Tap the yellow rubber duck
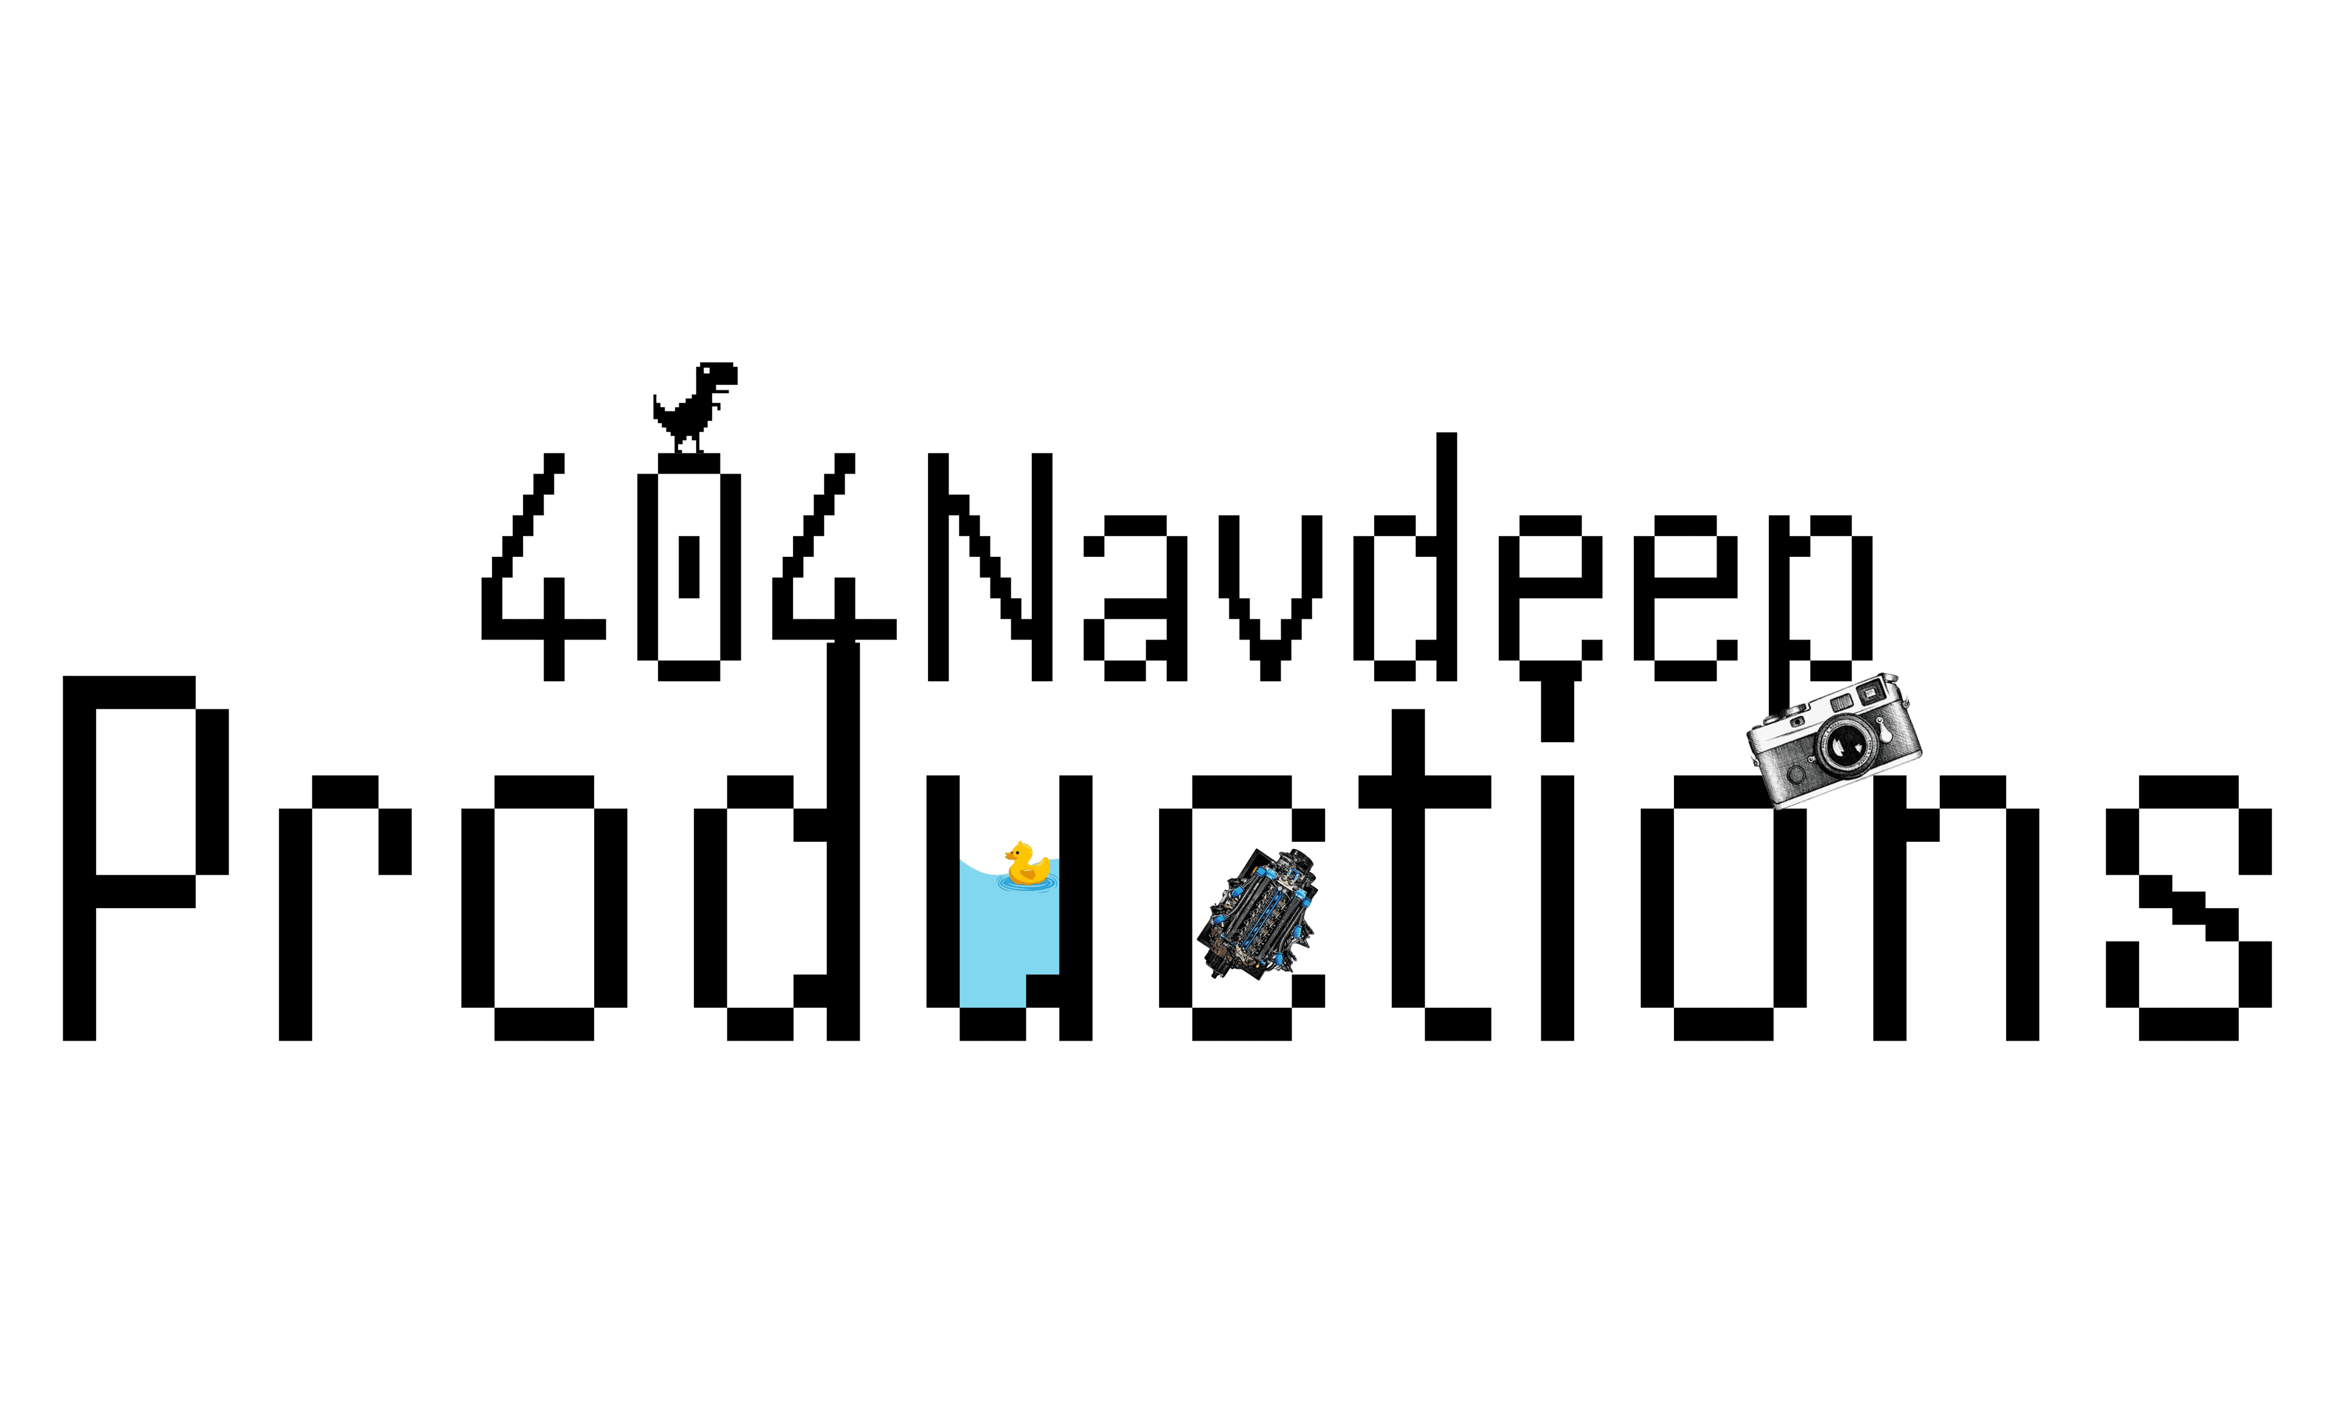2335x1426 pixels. [x=1025, y=864]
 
